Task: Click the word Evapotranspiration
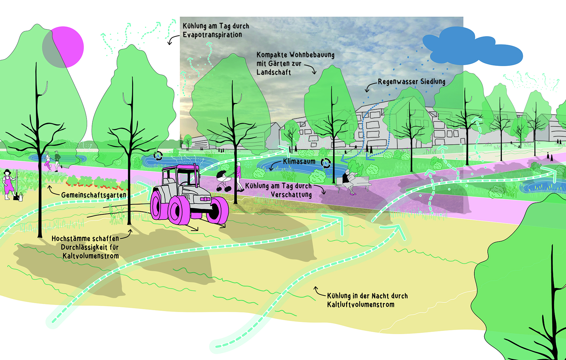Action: pyautogui.click(x=212, y=35)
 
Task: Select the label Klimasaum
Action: pyautogui.click(x=299, y=162)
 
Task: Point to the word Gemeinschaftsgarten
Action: pyautogui.click(x=94, y=195)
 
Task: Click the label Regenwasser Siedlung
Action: pyautogui.click(x=411, y=82)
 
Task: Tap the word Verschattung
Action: pyautogui.click(x=291, y=195)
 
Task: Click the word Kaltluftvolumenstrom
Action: pyautogui.click(x=361, y=305)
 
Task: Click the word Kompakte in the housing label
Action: pyautogui.click(x=272, y=55)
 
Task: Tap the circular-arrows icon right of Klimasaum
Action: pyautogui.click(x=325, y=163)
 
